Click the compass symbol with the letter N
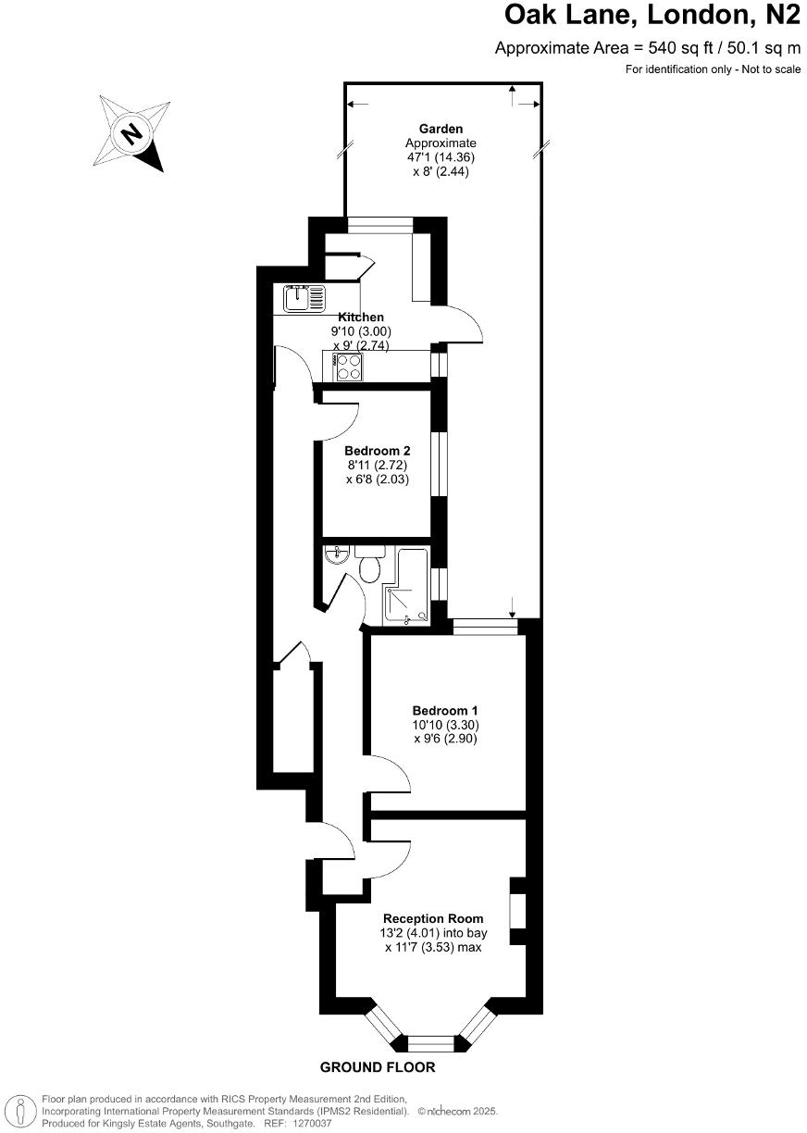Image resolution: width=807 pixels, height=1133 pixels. (x=133, y=134)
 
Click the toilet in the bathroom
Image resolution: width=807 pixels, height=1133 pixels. (x=371, y=565)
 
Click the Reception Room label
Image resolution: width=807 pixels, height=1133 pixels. (x=433, y=918)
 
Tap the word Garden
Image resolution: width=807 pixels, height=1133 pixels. (x=441, y=129)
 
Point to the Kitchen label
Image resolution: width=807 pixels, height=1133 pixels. (x=361, y=317)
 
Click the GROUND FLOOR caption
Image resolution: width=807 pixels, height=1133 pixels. (x=378, y=1067)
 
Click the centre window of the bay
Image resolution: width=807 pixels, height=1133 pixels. (x=431, y=1042)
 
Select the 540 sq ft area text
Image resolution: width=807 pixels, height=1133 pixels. (x=649, y=48)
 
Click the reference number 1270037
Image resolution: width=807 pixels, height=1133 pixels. (x=311, y=1124)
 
